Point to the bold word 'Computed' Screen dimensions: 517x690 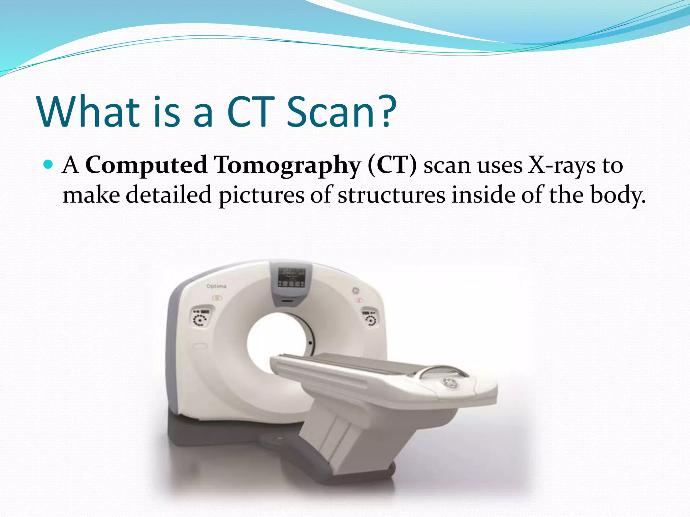pos(146,165)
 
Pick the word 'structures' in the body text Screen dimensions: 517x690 pos(391,195)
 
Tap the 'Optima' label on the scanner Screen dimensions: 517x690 pos(216,286)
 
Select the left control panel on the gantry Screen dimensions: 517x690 pos(201,317)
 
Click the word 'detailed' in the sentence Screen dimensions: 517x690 pos(169,195)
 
